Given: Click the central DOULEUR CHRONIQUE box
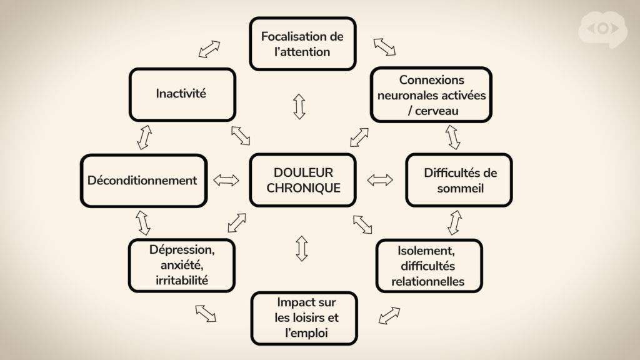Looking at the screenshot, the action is tap(303, 180).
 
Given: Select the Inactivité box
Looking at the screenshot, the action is tap(182, 94).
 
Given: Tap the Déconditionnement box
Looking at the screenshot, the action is tap(144, 181).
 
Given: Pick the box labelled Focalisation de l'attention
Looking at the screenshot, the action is tap(303, 44).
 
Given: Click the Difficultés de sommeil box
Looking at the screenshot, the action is tap(459, 180).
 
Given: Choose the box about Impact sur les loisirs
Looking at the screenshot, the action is tap(304, 318).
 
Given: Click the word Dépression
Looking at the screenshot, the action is tap(182, 249).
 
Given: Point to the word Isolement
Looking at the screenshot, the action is tap(426, 250).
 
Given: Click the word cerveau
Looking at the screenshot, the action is tap(436, 111).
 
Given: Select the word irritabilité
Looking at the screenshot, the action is tap(182, 281).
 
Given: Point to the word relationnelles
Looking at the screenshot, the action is tap(427, 281).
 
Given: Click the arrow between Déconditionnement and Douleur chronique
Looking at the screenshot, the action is tap(226, 180).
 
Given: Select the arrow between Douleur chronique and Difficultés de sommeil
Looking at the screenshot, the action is tap(380, 179).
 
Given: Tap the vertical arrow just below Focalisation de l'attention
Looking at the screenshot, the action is tap(299, 106).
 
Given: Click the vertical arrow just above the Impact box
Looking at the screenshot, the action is tap(302, 248).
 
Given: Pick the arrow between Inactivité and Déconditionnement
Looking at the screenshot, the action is tap(144, 137).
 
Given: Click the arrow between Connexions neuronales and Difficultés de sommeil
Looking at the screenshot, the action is tap(452, 137).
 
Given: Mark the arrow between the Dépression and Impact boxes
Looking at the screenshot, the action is tap(206, 314).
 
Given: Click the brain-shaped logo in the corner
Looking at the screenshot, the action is tap(603, 29).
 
